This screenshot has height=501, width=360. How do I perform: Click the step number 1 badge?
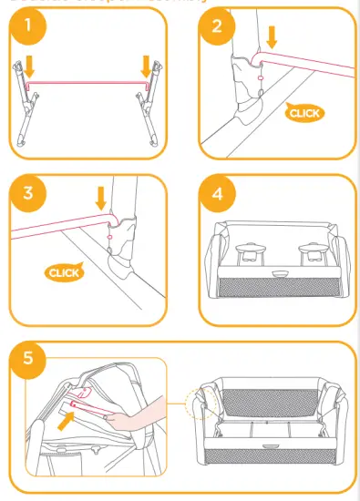[31, 28]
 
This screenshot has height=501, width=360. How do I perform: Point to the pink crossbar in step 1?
[87, 81]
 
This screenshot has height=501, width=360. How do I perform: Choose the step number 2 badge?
[216, 26]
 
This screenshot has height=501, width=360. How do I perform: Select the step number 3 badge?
[31, 192]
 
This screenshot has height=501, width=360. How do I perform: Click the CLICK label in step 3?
[63, 271]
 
